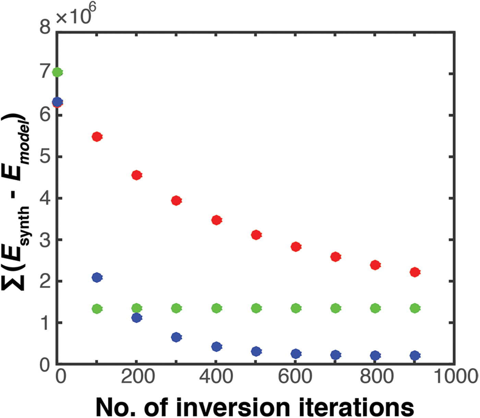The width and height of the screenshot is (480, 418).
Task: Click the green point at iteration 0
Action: coord(57,72)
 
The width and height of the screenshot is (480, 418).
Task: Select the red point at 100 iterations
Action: coord(97,137)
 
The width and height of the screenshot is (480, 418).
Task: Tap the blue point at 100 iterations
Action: coord(97,277)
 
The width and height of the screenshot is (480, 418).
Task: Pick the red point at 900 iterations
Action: coord(415,272)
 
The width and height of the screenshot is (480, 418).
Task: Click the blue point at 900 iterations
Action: coord(415,355)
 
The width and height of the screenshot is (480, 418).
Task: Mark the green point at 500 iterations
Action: coord(256,308)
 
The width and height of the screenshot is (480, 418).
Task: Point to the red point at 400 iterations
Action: coord(216,220)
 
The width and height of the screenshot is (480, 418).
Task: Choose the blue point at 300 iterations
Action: coord(176,337)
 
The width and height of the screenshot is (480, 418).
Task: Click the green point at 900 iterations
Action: coord(415,308)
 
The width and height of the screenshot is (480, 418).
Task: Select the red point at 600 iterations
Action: coord(296,246)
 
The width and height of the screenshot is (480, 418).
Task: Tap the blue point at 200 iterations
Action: coord(136,318)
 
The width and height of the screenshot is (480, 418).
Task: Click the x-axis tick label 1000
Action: coord(456,377)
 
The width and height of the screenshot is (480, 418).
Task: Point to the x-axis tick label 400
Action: coord(216,377)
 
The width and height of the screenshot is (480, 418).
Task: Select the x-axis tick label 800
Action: coord(376,377)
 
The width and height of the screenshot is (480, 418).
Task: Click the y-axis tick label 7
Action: coord(46,73)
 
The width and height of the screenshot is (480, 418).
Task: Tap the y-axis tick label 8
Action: coord(46,27)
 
